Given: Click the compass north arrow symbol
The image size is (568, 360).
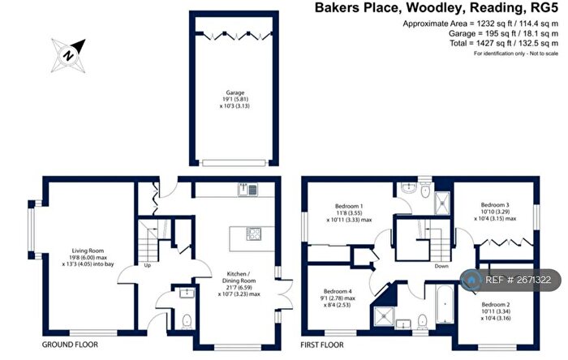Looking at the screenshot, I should click(70, 54).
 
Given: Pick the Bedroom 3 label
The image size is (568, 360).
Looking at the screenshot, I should click(494, 211).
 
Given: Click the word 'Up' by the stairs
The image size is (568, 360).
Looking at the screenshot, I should click(148, 265).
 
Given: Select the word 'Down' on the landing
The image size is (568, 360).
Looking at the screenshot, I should click(441, 266).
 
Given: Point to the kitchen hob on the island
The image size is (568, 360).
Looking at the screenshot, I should click(253, 236).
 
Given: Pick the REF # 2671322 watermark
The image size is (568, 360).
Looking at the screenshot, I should click(510, 280).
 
